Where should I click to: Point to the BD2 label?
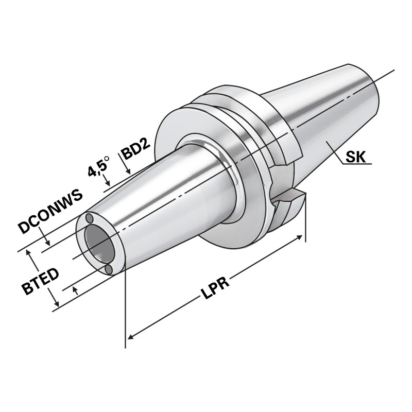pyautogui.click(x=135, y=151)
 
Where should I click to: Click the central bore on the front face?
pyautogui.click(x=98, y=245)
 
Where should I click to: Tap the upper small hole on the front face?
pyautogui.click(x=90, y=217)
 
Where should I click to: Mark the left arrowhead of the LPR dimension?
pyautogui.click(x=130, y=337)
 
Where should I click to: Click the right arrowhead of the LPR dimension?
pyautogui.click(x=299, y=239)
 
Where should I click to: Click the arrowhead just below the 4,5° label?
pyautogui.click(x=107, y=182)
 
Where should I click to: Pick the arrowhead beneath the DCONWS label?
pyautogui.click(x=47, y=242)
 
